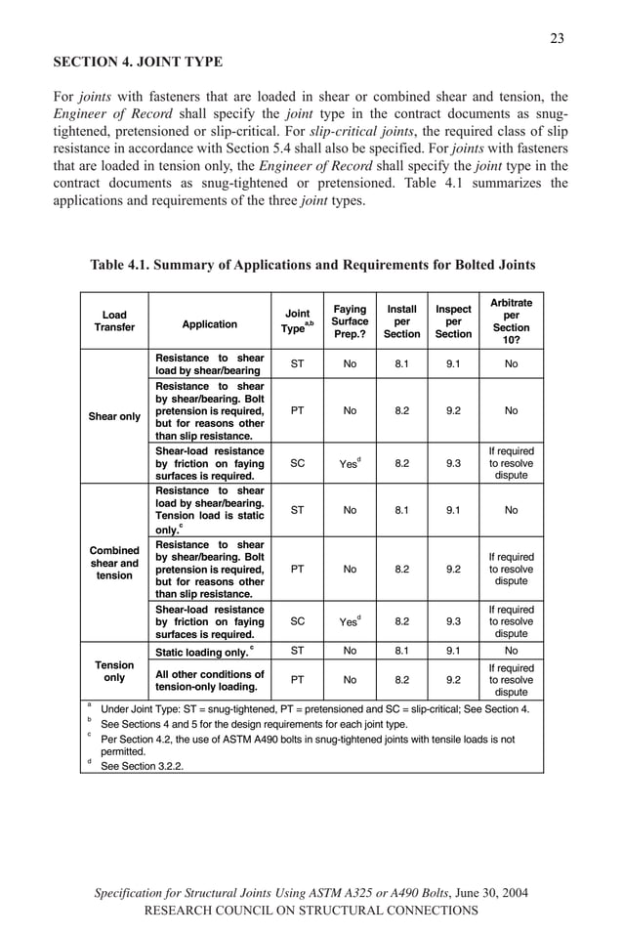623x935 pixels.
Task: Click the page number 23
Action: click(557, 38)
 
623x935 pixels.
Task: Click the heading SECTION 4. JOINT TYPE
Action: click(138, 63)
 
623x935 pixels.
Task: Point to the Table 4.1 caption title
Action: click(312, 265)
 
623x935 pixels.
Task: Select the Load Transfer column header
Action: click(114, 321)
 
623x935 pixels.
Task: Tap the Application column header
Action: click(209, 324)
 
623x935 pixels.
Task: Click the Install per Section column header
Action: click(401, 321)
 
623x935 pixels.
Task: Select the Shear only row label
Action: click(114, 416)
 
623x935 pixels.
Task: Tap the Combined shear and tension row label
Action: click(114, 563)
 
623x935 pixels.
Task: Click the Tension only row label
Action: click(114, 670)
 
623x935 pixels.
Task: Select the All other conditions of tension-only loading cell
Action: click(209, 680)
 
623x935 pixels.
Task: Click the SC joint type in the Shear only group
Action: click(298, 464)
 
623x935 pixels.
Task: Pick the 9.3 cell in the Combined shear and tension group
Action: click(453, 619)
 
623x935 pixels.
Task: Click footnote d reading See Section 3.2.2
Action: click(142, 766)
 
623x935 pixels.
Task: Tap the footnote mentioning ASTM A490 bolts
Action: click(308, 745)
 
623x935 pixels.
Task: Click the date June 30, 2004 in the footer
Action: click(493, 893)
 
